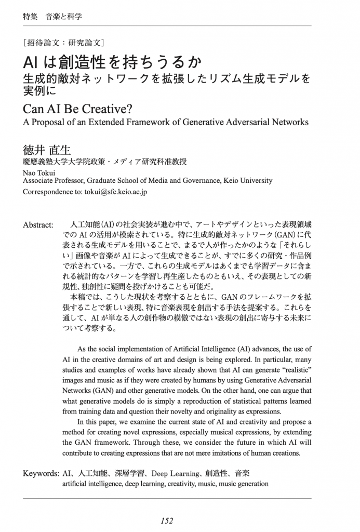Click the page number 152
click(167, 521)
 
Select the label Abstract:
click(38, 224)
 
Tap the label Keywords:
click(41, 473)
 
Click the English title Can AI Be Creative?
click(78, 110)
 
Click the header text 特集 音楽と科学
click(52, 16)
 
